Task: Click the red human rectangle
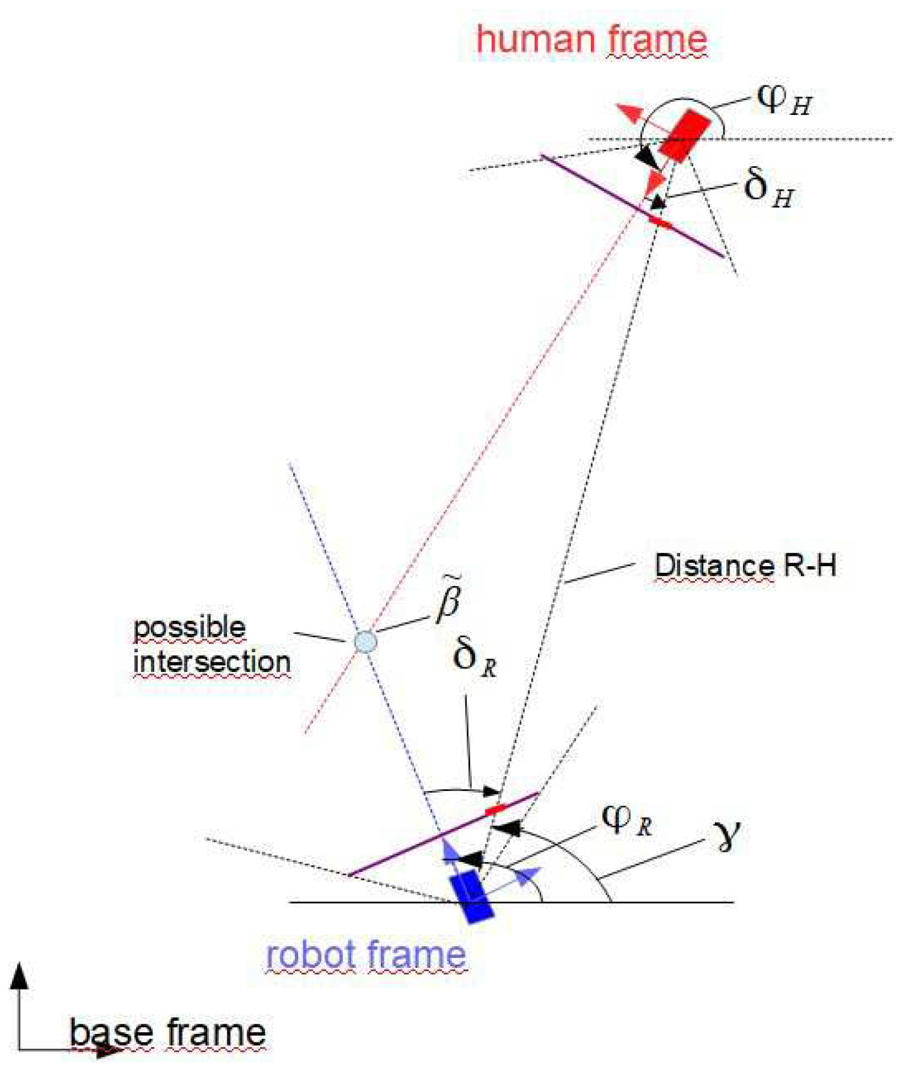coord(684,135)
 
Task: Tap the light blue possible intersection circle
coord(365,641)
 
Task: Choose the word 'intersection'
coord(212,662)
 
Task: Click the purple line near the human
coord(632,206)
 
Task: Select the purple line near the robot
coord(444,834)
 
